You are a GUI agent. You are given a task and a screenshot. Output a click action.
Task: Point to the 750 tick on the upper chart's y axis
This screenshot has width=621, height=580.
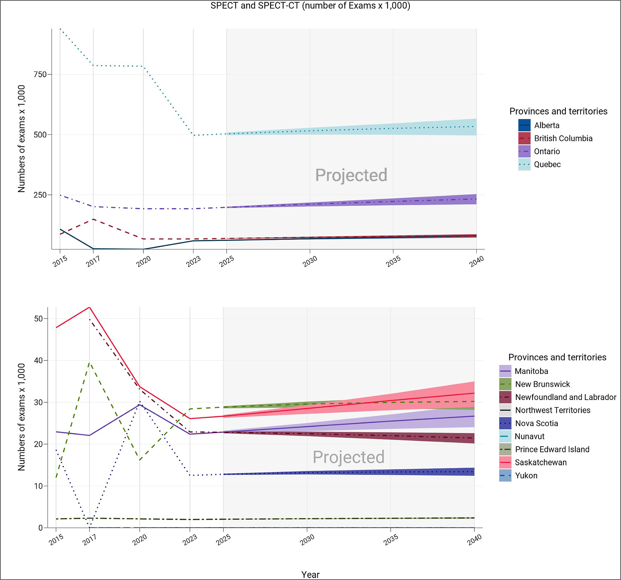(x=40, y=74)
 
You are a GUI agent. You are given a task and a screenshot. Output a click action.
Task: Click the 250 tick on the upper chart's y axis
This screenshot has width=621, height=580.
(x=40, y=195)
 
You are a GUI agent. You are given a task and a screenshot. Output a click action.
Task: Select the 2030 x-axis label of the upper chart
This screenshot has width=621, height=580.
(x=310, y=261)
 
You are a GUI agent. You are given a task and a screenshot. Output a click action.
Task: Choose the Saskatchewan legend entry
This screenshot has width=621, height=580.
(x=540, y=463)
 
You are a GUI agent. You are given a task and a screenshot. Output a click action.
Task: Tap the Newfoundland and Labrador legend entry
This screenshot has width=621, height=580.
(x=565, y=397)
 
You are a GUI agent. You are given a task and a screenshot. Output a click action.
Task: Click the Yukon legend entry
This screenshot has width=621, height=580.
(x=526, y=476)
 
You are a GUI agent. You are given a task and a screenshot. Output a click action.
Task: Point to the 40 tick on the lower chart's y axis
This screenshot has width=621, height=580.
(x=38, y=360)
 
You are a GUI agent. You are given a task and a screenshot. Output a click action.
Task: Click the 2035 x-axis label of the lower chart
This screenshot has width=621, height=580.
(x=391, y=540)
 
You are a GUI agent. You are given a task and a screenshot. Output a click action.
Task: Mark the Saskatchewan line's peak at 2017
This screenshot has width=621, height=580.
(x=90, y=308)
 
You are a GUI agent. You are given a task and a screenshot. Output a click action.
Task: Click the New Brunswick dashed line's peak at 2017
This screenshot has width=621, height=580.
(x=90, y=363)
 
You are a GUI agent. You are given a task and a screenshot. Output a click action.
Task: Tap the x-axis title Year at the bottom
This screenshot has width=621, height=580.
(x=310, y=574)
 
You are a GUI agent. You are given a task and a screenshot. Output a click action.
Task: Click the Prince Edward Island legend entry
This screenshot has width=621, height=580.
(x=552, y=449)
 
